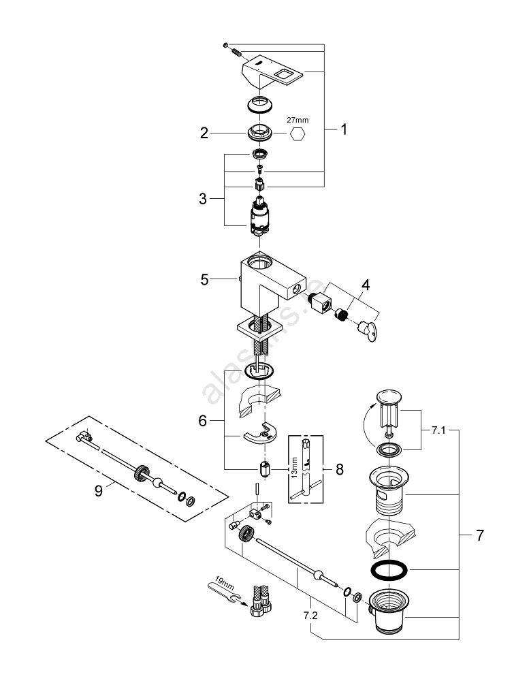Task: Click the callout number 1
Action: (344, 129)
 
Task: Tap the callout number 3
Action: (203, 199)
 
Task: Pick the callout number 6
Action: (202, 421)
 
